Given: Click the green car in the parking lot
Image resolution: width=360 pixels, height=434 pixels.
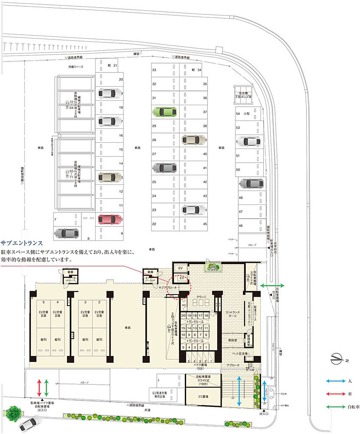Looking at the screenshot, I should point(165,111).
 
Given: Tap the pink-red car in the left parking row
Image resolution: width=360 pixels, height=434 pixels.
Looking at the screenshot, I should point(110,219).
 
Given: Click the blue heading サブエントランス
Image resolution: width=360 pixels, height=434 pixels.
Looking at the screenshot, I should point(22,243).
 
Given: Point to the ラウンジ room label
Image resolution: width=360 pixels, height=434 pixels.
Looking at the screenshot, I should point(201,297).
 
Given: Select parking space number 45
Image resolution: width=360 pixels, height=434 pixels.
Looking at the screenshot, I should point(204,224).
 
